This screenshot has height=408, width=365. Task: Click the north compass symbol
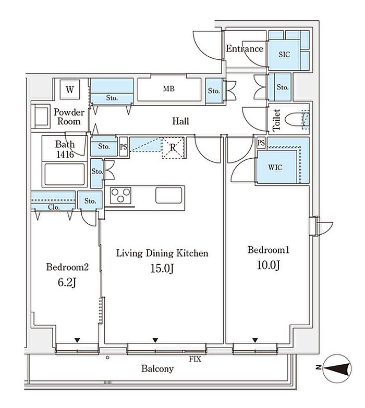pyautogui.click(x=336, y=368)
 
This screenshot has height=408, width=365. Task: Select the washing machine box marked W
pyautogui.click(x=70, y=90)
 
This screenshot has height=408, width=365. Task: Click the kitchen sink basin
pyautogui.click(x=169, y=195)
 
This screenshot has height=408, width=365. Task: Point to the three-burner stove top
pyautogui.click(x=120, y=195)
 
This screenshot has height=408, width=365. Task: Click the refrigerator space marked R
pyautogui.click(x=173, y=148)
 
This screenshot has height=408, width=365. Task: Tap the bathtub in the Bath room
pyautogui.click(x=65, y=174)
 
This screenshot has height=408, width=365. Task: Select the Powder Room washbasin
pyautogui.click(x=41, y=117)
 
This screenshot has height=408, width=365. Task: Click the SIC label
pyautogui.click(x=284, y=54)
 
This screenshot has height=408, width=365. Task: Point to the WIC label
pyautogui.click(x=275, y=167)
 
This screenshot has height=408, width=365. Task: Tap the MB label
pyautogui.click(x=169, y=88)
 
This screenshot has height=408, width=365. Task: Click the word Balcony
pyautogui.click(x=157, y=368)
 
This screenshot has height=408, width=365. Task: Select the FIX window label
pyautogui.click(x=195, y=359)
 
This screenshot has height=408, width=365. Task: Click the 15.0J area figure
pyautogui.click(x=162, y=269)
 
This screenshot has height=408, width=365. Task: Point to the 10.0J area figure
pyautogui.click(x=269, y=265)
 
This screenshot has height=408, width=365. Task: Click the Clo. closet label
pyautogui.click(x=54, y=207)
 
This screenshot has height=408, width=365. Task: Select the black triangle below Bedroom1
pyautogui.click(x=255, y=340)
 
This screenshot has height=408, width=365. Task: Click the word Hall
pyautogui.click(x=180, y=121)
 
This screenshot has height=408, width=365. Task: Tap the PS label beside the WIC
pyautogui.click(x=261, y=143)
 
